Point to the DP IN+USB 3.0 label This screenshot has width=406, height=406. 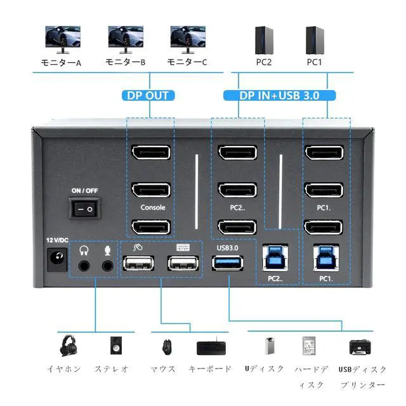(279, 96)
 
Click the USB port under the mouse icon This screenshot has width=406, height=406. (140, 264)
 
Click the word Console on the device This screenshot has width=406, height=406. (152, 207)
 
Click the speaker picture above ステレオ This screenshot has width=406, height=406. (115, 346)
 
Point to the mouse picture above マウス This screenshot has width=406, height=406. (166, 346)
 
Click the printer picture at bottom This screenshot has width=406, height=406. (360, 346)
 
